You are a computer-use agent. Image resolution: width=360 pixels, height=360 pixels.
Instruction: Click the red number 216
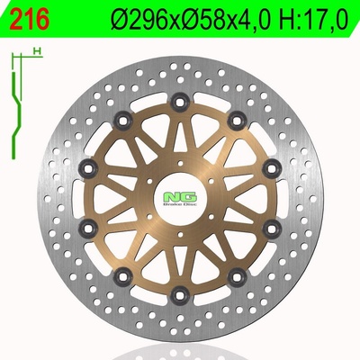[x=30, y=19]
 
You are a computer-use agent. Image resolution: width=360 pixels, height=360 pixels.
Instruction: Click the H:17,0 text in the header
[x=313, y=20]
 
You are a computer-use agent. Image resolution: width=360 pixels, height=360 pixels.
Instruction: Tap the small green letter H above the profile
[x=37, y=51]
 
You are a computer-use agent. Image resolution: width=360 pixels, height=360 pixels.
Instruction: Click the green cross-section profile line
[x=16, y=115]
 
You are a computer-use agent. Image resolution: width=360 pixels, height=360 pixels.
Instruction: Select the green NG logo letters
[x=180, y=196]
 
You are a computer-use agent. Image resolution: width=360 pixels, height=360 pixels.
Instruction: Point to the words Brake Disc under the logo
[x=180, y=204]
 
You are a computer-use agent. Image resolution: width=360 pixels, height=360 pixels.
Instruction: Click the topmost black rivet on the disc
[x=180, y=103]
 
